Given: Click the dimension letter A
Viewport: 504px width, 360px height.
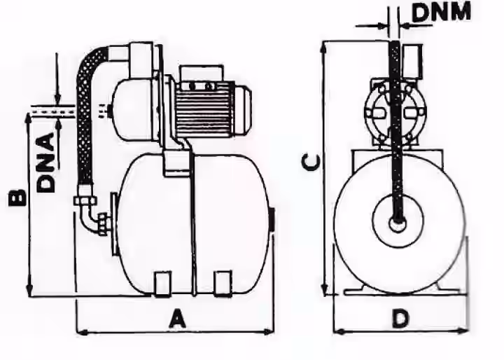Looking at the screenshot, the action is [x=177, y=318].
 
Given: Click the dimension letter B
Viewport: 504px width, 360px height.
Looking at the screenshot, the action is [x=17, y=198].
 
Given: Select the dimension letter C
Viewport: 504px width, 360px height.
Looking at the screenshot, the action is [x=311, y=162].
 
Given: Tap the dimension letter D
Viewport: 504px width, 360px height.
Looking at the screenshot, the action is [x=400, y=318].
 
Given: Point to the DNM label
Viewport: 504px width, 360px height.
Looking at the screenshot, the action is [x=441, y=12].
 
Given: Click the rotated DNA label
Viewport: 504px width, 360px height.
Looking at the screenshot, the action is [x=45, y=162].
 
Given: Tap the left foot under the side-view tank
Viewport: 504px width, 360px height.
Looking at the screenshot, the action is [x=162, y=284].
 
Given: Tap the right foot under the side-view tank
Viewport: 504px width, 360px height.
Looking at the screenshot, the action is [x=223, y=284].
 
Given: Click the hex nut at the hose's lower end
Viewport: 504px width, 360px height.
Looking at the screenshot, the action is [x=85, y=201].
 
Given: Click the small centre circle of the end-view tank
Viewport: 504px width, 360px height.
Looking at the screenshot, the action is [x=398, y=223].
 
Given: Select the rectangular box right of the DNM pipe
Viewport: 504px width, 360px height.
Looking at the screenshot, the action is [x=412, y=62].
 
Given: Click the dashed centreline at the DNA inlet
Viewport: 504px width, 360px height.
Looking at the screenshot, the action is [x=53, y=111].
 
